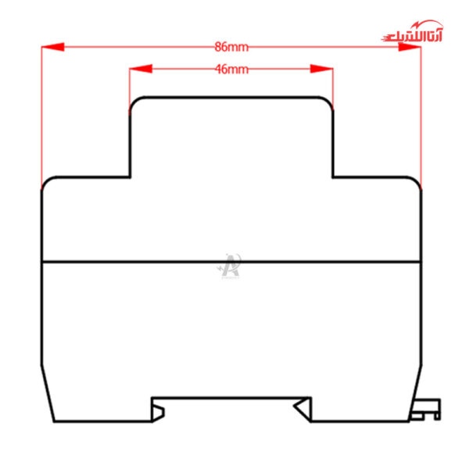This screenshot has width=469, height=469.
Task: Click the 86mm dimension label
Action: (231, 47)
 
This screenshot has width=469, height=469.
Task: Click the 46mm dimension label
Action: (231, 69)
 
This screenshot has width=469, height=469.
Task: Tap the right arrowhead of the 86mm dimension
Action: (410, 47)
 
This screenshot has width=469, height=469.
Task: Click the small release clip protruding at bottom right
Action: (428, 408)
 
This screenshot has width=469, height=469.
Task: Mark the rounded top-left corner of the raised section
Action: (134, 102)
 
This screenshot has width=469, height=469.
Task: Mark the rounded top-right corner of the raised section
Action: (328, 102)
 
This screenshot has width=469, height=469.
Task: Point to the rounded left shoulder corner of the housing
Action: (46, 181)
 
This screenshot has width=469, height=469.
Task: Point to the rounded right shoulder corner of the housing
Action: (416, 181)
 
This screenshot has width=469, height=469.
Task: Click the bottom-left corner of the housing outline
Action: (53, 421)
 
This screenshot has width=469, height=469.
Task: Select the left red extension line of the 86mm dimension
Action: (41, 117)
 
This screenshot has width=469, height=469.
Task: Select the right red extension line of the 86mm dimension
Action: (421, 117)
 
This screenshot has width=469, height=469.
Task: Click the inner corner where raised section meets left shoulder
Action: (130, 177)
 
